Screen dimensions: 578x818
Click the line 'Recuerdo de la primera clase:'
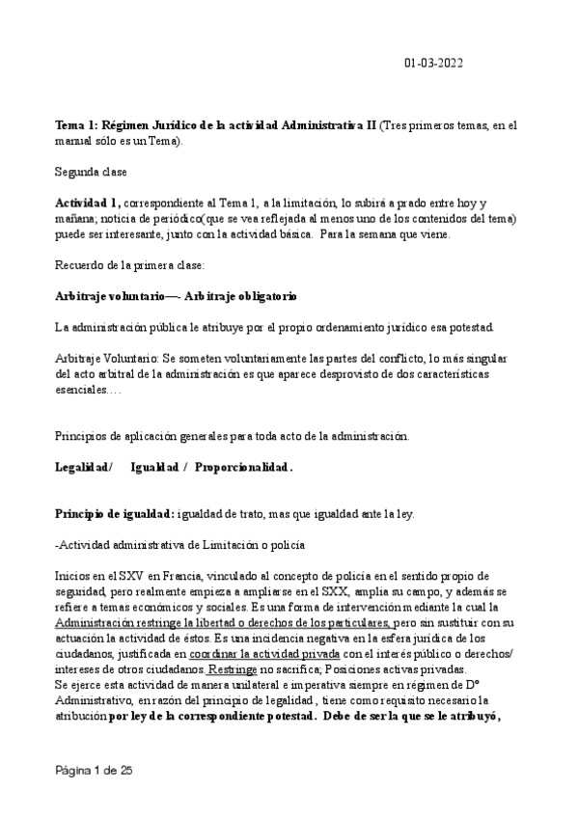tap(124, 265)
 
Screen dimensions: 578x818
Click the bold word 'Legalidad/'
tap(84, 467)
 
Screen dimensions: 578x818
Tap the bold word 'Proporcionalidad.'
tap(244, 467)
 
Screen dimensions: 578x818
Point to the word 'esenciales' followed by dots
tap(81, 389)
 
